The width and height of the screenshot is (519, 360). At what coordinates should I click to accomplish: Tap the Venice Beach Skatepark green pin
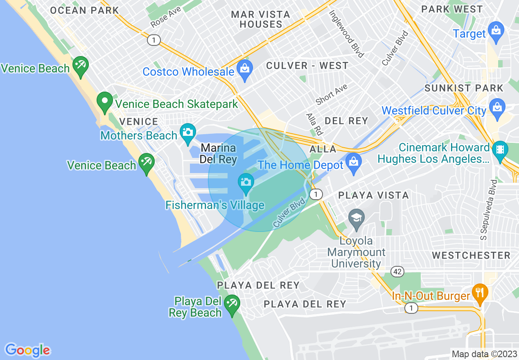105,102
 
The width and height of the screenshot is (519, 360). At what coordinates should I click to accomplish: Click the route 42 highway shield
397,271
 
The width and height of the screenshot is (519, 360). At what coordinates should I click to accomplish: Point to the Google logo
27,350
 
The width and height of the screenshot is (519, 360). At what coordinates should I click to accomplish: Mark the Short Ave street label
332,94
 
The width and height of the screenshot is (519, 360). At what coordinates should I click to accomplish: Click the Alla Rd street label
314,124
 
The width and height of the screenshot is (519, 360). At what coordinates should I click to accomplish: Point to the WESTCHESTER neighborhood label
471,255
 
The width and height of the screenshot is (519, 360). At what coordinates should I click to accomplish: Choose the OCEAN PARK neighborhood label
84,10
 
